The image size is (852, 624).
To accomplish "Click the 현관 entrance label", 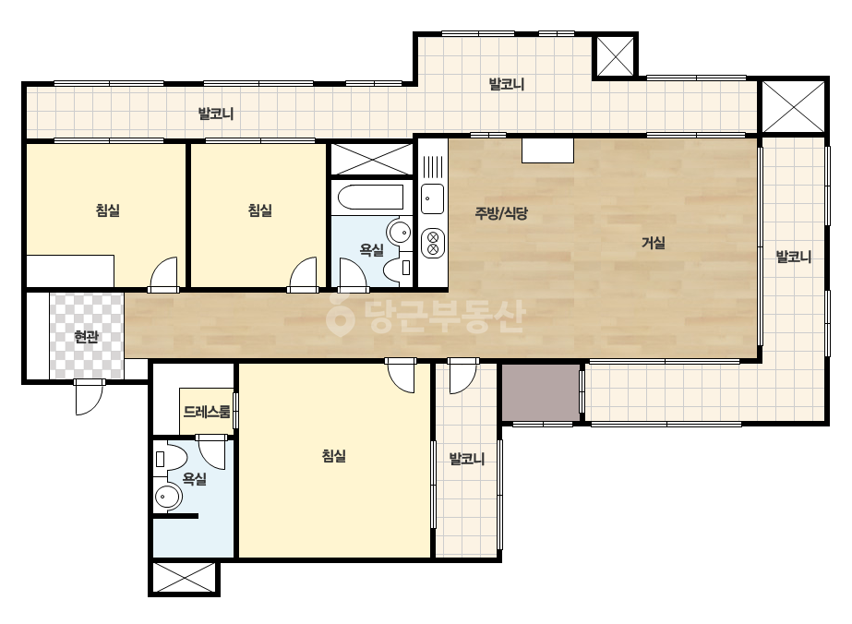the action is coord(86,337).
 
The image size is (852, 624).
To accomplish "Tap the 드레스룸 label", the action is coord(207,412).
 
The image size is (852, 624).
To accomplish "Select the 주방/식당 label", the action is coord(501,213).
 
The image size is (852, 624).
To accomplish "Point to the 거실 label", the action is coord(654,243).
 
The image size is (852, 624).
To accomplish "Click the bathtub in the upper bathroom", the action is coord(370,198).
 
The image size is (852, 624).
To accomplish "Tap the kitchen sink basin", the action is coord(433,199).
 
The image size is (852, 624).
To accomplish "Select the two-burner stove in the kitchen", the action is coord(433,243).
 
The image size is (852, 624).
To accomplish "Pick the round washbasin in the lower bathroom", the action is coord(168,497).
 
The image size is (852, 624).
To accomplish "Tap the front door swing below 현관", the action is coord(89,397).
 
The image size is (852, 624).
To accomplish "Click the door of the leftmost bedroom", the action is coord(163,274).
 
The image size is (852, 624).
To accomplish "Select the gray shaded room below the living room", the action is coord(540,392).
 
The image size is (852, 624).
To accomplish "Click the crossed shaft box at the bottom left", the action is coord(185,578).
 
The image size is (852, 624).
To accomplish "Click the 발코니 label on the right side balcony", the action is coord(793,257).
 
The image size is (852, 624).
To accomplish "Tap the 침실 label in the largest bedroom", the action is coord(333,455).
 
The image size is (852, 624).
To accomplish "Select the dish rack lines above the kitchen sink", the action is coord(433,167).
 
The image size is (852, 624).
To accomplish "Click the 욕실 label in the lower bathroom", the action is coord(194,479).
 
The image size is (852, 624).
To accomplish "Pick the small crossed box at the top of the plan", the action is coord(616,56).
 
